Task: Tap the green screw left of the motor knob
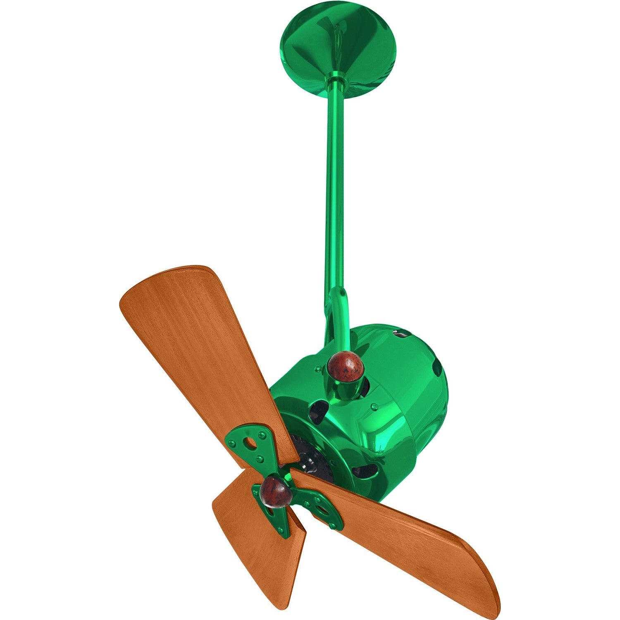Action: pos(317,367)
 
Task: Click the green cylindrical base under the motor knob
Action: pos(346,391)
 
